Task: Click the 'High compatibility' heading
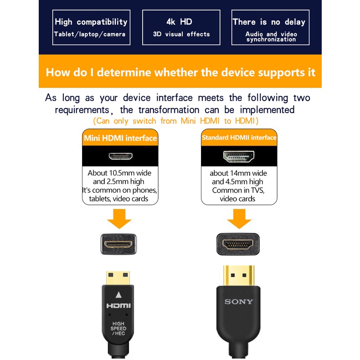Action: click(91, 22)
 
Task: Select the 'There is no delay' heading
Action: click(269, 22)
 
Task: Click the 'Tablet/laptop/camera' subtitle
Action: click(89, 34)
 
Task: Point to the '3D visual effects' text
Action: click(181, 34)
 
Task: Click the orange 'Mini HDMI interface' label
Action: click(120, 138)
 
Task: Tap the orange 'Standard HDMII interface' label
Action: click(239, 138)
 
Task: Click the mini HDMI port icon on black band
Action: click(120, 156)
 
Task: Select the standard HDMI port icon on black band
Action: click(239, 156)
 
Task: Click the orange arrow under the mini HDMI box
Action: click(119, 218)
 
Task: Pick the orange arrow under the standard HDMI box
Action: click(239, 218)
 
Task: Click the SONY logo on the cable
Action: click(239, 302)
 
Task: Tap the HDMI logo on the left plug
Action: click(118, 306)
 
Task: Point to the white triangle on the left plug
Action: click(119, 294)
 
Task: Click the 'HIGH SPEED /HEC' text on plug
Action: click(119, 329)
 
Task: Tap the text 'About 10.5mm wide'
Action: click(119, 173)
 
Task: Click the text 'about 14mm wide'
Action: click(238, 173)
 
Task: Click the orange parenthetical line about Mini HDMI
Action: click(176, 121)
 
